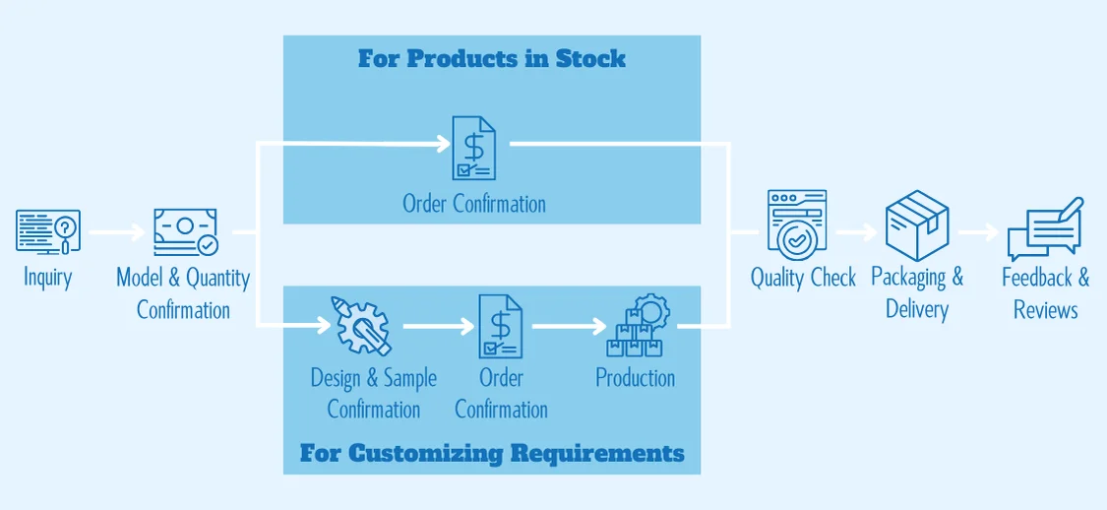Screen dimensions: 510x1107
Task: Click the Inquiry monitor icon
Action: tap(48, 232)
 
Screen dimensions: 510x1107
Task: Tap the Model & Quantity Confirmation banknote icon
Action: tap(185, 233)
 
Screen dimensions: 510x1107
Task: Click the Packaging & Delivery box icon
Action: tap(916, 225)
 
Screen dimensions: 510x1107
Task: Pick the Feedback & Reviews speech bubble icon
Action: tap(1045, 229)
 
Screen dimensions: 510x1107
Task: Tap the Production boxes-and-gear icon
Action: tap(638, 325)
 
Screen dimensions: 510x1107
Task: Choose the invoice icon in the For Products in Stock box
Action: tap(473, 148)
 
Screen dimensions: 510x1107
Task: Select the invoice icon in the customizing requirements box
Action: tap(501, 325)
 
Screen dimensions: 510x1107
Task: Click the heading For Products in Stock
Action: tap(491, 58)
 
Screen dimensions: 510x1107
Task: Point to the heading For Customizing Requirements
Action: tap(492, 454)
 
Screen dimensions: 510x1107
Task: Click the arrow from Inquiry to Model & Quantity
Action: tap(117, 233)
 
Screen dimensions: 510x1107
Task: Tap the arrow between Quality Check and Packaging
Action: tap(855, 233)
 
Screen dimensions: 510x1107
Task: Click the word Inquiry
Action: tap(48, 278)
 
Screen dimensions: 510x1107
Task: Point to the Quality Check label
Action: tap(803, 278)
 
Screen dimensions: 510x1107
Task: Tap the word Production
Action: tap(636, 378)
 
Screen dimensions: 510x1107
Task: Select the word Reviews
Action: tap(1046, 310)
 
